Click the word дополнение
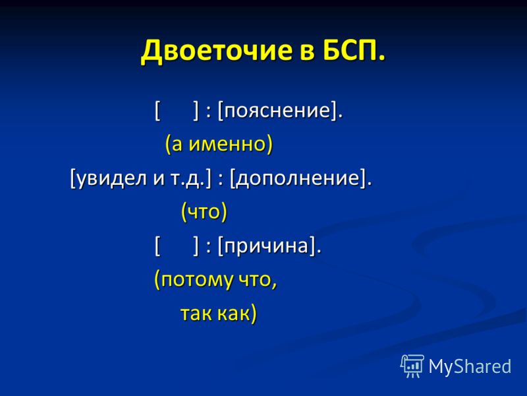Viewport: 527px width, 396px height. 298,178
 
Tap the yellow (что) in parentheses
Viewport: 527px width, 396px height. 204,212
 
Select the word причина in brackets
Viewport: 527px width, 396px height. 266,246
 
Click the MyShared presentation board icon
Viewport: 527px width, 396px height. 412,366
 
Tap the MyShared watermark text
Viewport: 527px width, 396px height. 470,366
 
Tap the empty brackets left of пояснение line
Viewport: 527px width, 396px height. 177,110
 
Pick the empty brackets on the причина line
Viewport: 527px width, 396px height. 177,246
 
